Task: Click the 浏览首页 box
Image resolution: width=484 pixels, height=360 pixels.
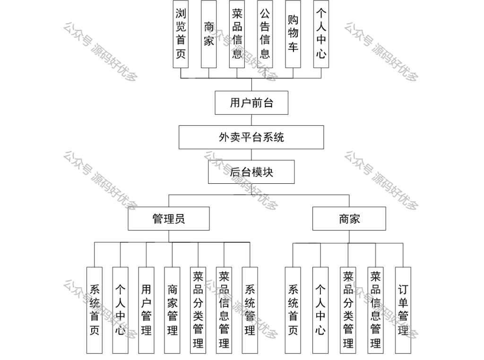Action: [181, 34]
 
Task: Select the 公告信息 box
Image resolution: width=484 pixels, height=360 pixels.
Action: [265, 34]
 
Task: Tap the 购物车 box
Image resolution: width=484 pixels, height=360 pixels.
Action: [293, 34]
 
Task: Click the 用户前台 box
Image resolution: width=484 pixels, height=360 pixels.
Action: [251, 103]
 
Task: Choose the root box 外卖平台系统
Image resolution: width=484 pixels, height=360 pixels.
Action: [251, 137]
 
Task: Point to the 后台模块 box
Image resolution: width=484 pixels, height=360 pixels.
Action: [251, 172]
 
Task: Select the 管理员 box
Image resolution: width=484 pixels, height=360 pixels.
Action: [169, 219]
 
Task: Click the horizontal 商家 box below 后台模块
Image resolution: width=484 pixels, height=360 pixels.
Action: [349, 219]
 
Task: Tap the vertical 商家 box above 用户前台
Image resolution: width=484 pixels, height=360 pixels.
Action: [209, 34]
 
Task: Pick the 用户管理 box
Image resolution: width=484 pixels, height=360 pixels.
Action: [146, 310]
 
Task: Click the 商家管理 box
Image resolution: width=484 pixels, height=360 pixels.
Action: [172, 310]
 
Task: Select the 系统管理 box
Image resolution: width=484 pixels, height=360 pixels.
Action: [250, 310]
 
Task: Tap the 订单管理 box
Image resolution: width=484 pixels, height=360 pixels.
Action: [403, 310]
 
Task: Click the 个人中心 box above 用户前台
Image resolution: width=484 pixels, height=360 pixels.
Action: [321, 34]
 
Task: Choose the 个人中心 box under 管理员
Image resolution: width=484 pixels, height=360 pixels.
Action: [120, 310]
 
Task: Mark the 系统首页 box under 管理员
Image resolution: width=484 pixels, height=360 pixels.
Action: [95, 310]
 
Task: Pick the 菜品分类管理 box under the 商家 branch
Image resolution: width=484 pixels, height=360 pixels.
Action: [348, 310]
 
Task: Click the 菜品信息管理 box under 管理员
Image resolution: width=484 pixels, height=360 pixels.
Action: [224, 310]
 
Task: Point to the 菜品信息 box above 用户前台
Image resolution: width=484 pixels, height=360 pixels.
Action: [237, 34]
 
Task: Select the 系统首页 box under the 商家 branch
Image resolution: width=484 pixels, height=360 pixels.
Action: [293, 310]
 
